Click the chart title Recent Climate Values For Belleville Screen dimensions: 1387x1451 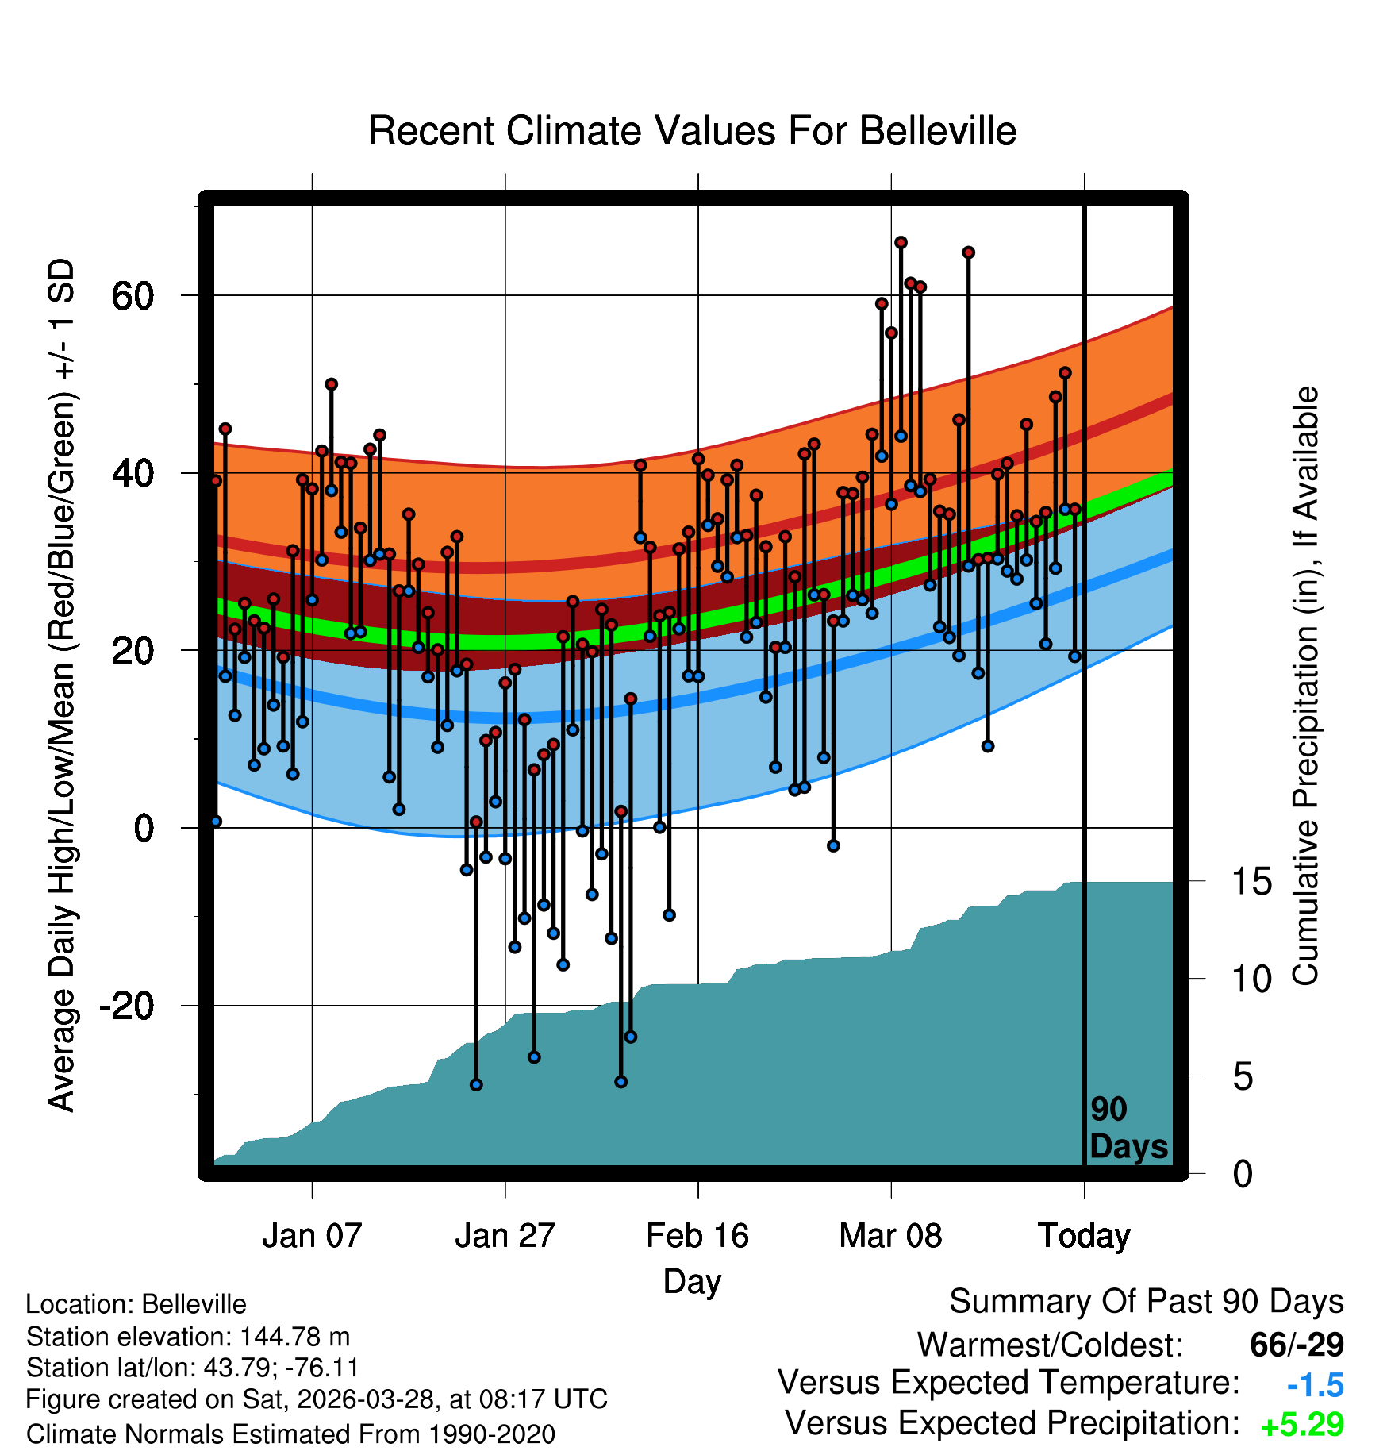pyautogui.click(x=692, y=131)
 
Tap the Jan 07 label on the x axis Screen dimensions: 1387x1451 pyautogui.click(x=312, y=1235)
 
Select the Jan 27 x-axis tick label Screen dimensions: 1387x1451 pyautogui.click(x=505, y=1235)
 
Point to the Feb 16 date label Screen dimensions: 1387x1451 pyautogui.click(x=697, y=1235)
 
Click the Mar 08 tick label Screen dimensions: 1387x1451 pyautogui.click(x=890, y=1235)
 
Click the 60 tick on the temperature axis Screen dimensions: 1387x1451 pyautogui.click(x=133, y=296)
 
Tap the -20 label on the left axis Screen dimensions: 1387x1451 pyautogui.click(x=126, y=1006)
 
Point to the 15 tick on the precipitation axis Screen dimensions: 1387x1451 pyautogui.click(x=1251, y=881)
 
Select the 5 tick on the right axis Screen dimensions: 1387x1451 pyautogui.click(x=1243, y=1076)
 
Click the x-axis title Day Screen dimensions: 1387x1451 pyautogui.click(x=692, y=1282)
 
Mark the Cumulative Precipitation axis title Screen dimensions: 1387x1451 pyautogui.click(x=1305, y=686)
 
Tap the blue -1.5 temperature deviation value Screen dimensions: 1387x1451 pyautogui.click(x=1315, y=1385)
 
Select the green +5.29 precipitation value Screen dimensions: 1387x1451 pyautogui.click(x=1302, y=1425)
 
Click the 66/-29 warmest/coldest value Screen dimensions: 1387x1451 pyautogui.click(x=1297, y=1345)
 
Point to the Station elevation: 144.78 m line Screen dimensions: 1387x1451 pyautogui.click(x=187, y=1337)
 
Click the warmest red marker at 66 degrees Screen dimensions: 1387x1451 pyautogui.click(x=901, y=242)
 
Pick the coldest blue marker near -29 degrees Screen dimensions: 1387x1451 pyautogui.click(x=476, y=1084)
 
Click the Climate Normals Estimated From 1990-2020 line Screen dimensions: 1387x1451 pyautogui.click(x=290, y=1434)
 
